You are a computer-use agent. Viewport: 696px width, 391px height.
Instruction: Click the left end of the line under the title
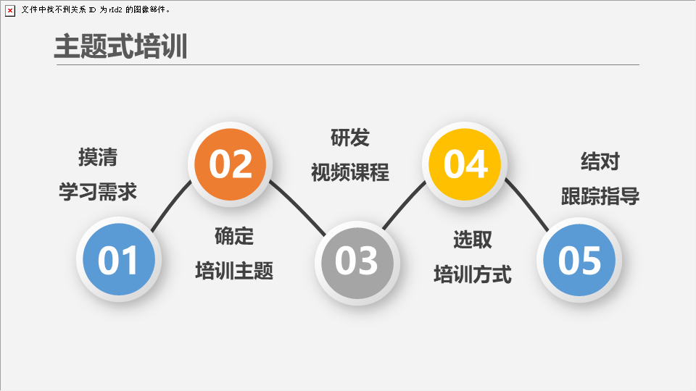tap(57, 64)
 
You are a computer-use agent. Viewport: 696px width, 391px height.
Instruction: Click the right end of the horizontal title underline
tap(639, 64)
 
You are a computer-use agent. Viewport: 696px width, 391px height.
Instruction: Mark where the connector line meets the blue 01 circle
tap(152, 231)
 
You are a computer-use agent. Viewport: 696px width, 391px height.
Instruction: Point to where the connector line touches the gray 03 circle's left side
tap(326, 235)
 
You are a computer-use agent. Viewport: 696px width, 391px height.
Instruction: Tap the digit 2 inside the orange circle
tap(242, 164)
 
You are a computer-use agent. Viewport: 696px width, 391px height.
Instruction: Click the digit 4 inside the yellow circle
tap(477, 164)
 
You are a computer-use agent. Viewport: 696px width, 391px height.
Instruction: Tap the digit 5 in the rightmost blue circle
tap(592, 260)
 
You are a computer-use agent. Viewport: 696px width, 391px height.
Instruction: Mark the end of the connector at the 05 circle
tap(548, 231)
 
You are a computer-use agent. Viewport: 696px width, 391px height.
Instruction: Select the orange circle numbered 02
tap(231, 164)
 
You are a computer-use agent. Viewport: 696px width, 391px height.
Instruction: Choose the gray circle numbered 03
tap(357, 264)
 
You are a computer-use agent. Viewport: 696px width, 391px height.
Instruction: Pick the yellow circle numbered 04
tap(465, 164)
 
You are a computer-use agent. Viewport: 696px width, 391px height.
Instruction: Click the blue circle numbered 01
tap(119, 259)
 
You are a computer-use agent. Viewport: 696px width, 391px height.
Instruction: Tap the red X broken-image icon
tap(9, 10)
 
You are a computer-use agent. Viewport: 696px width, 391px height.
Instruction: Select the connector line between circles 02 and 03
tap(297, 208)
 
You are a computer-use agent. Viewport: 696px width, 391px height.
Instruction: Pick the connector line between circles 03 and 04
tap(404, 205)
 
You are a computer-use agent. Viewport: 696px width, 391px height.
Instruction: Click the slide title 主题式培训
tap(120, 46)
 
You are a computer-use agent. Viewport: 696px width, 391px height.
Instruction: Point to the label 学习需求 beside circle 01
tap(98, 192)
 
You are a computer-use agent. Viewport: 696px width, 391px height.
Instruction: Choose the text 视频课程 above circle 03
tap(349, 172)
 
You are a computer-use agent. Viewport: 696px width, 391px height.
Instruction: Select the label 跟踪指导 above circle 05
tap(600, 196)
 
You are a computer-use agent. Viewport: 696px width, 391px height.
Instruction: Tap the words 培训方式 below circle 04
tap(473, 274)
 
